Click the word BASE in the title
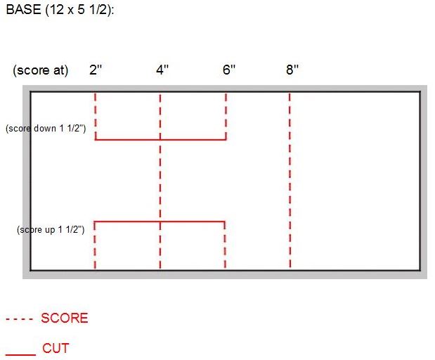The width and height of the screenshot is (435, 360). pyautogui.click(x=24, y=9)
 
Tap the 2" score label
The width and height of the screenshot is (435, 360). pyautogui.click(x=96, y=70)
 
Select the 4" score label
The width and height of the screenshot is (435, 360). pyautogui.click(x=162, y=70)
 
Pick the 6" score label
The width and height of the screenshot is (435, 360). pyautogui.click(x=229, y=70)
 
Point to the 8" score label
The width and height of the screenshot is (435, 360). pyautogui.click(x=292, y=70)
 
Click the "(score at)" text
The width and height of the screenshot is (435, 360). pyautogui.click(x=41, y=70)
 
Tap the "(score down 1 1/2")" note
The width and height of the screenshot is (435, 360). pyautogui.click(x=46, y=129)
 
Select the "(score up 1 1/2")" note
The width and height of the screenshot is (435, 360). pyautogui.click(x=51, y=230)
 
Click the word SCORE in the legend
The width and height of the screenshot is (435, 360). pyautogui.click(x=65, y=318)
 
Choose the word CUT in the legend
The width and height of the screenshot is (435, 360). pyautogui.click(x=56, y=348)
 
